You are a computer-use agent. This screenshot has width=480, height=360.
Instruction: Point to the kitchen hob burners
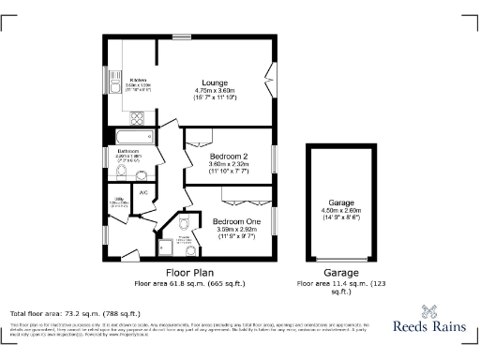[x=138, y=117]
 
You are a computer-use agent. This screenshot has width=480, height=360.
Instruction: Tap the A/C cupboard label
[x=143, y=193]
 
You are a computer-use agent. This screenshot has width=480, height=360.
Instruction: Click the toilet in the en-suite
[x=184, y=223]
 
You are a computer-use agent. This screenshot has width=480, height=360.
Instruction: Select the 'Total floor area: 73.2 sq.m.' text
[x=75, y=313]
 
